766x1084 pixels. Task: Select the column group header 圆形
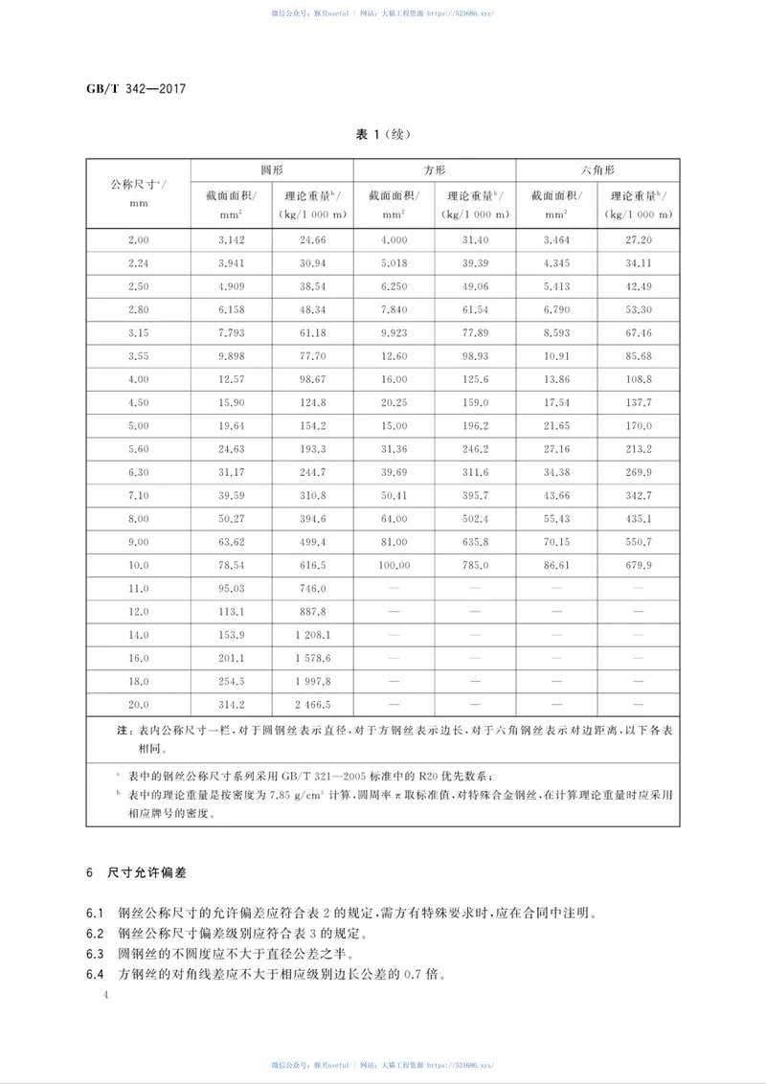[272, 169]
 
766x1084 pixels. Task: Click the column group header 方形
[435, 169]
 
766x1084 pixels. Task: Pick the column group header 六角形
[598, 169]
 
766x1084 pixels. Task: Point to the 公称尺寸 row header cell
[138, 192]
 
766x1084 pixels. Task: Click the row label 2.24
[139, 262]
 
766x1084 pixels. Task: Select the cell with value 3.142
[233, 239]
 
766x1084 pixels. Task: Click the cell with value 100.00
[394, 565]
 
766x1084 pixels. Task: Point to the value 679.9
[638, 565]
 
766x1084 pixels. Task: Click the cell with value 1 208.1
[313, 635]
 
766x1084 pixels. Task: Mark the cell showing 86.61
[556, 565]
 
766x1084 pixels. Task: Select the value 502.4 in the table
[475, 518]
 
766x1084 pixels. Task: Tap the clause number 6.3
[94, 954]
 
